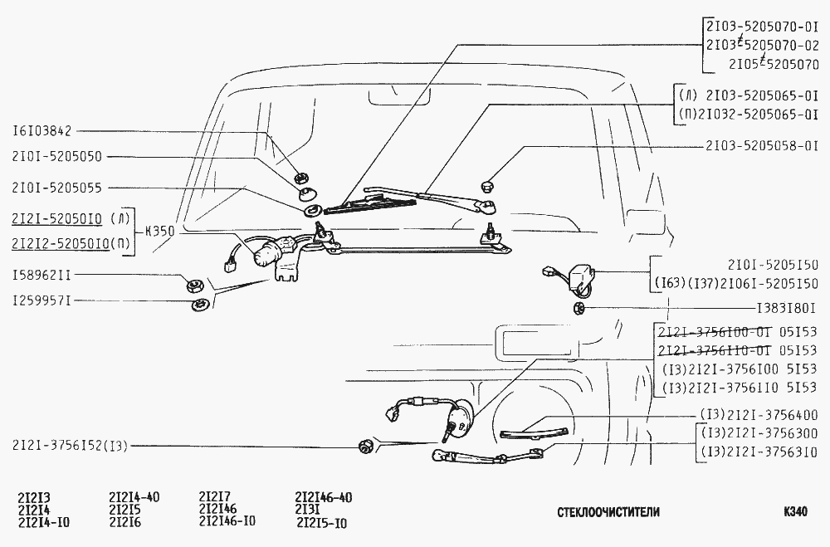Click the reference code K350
click(160, 232)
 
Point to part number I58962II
click(41, 272)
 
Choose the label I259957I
click(41, 300)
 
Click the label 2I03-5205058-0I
click(762, 144)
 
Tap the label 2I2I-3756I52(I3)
click(71, 446)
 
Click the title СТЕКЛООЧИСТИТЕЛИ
click(608, 512)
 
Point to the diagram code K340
click(794, 511)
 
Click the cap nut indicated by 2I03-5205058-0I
click(488, 187)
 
